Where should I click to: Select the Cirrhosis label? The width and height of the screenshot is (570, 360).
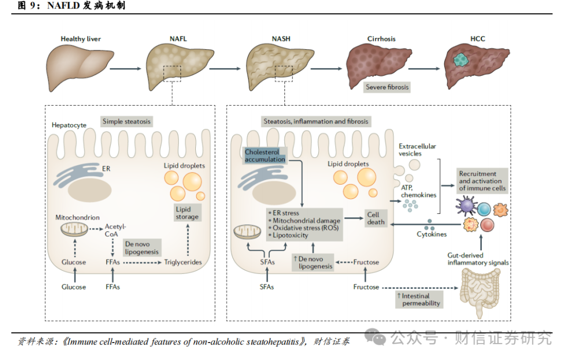381,39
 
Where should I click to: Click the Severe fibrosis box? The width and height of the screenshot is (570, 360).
387,87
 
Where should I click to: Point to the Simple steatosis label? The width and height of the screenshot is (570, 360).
127,121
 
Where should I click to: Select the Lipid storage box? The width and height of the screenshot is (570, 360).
187,213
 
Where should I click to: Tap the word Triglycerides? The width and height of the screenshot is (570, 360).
183,262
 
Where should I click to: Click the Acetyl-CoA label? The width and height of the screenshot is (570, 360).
116,230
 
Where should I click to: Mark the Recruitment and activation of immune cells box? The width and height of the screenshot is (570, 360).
482,181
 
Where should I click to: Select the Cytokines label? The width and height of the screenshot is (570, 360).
432,234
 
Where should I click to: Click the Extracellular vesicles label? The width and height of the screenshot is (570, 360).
417,149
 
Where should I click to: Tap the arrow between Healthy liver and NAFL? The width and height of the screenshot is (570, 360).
125,68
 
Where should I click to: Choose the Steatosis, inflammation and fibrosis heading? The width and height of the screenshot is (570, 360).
316,121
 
